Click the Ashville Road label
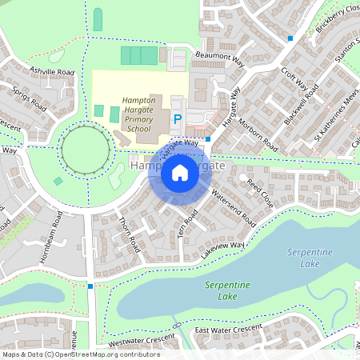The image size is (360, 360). tap(52, 71)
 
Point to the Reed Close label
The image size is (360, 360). tap(260, 194)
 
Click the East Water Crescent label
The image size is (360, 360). tap(228, 330)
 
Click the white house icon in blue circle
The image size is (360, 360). tap(180, 173)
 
